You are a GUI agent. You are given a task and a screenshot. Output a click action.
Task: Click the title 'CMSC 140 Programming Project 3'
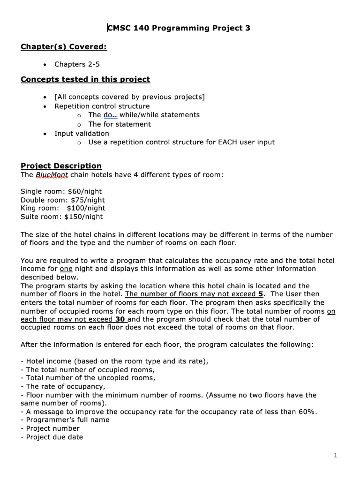[x=179, y=28]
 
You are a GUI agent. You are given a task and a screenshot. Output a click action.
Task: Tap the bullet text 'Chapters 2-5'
[x=77, y=64]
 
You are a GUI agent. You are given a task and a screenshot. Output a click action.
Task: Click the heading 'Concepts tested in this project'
[x=85, y=79]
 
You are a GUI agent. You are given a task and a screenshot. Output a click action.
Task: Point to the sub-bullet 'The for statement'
[x=120, y=124]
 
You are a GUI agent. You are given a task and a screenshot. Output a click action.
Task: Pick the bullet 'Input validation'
[x=82, y=133]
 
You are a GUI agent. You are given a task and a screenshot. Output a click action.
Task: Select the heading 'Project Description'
[x=61, y=166]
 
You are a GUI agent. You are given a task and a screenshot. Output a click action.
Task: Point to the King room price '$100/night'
[x=86, y=208]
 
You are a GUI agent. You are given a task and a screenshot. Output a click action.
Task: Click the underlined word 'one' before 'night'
[x=66, y=269]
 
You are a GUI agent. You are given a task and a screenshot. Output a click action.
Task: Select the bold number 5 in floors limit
[x=260, y=294]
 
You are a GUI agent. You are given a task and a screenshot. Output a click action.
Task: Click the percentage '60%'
[x=307, y=412]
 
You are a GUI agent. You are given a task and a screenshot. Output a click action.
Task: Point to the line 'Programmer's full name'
[x=67, y=420]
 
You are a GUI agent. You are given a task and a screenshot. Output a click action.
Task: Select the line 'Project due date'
[x=54, y=437]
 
